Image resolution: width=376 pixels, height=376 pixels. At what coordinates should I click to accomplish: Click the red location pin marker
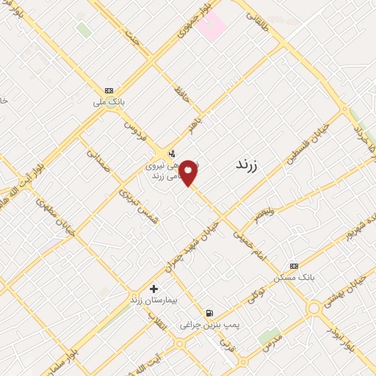point(189,173)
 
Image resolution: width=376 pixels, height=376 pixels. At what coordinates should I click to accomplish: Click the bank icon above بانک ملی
point(109,90)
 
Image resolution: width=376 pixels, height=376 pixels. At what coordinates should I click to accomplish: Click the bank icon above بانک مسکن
point(294,265)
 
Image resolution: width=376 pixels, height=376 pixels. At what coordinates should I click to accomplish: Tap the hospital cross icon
point(153,289)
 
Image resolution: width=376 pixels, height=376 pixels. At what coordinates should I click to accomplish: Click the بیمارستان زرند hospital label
point(153,300)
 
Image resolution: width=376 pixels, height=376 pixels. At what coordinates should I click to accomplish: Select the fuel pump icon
point(211,311)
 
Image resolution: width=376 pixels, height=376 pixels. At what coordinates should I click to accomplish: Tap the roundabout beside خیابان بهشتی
point(317,308)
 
